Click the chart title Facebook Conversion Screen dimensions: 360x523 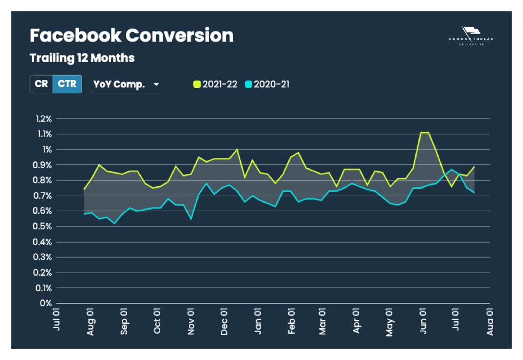(x=131, y=36)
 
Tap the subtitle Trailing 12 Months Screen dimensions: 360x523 (x=82, y=57)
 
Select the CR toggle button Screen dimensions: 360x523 (x=41, y=84)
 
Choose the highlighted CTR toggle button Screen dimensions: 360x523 (x=67, y=84)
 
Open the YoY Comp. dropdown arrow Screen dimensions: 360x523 (x=156, y=85)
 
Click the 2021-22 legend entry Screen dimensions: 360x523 (x=216, y=84)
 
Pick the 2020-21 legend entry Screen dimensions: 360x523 (x=267, y=84)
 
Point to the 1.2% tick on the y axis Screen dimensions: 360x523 (x=43, y=118)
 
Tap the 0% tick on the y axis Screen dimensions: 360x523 (x=46, y=303)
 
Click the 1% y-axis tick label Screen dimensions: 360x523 (x=47, y=149)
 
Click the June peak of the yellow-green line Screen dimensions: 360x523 (x=425, y=132)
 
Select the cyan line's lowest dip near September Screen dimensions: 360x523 (x=115, y=223)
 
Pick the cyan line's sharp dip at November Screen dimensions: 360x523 (x=191, y=219)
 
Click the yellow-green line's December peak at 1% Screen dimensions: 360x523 (x=237, y=149)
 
